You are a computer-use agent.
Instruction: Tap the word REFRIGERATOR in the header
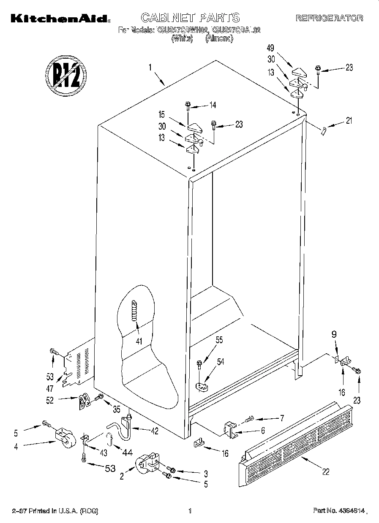point(329,18)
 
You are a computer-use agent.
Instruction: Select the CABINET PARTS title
point(190,17)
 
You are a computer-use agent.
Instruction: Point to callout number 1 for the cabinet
point(150,67)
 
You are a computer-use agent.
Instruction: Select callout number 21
point(349,121)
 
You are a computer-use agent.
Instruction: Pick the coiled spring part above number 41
point(135,310)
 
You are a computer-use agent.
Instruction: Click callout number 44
point(127,453)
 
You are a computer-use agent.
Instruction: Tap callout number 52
point(50,401)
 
